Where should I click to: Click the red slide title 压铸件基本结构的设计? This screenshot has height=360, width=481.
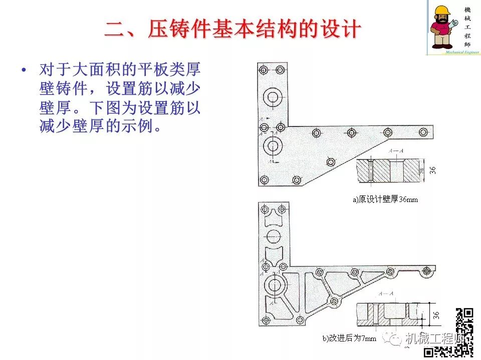point(232,29)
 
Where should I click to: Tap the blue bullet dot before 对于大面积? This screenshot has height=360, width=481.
point(23,70)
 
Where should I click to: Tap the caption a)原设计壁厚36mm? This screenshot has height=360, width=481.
point(385,199)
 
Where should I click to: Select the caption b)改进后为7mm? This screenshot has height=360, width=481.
point(349,338)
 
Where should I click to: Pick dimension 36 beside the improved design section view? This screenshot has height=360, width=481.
point(436,315)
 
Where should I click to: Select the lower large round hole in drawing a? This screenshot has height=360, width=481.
point(273,146)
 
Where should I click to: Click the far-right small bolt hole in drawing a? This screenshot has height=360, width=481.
point(424,132)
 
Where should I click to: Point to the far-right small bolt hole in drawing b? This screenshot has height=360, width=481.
point(426,270)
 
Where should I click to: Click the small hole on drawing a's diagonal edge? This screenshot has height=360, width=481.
point(330,161)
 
